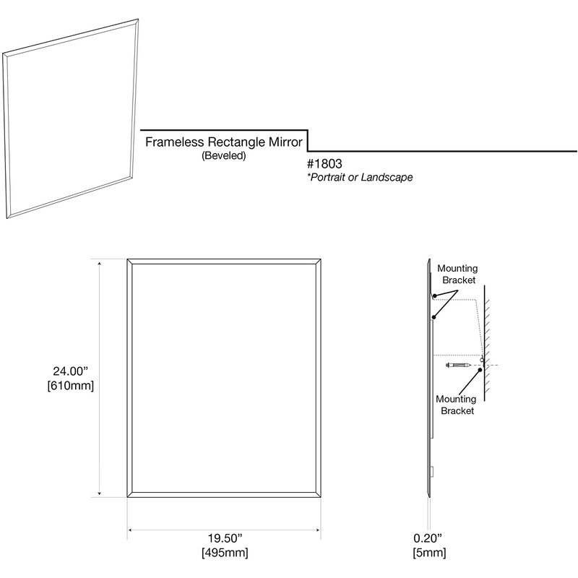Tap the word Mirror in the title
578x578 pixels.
pos(287,142)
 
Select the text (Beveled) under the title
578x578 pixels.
pos(224,155)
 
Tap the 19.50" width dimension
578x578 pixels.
pos(224,539)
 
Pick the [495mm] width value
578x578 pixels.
pos(224,553)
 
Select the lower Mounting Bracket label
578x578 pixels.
pos(456,405)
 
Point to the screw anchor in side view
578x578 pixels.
pos(460,366)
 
